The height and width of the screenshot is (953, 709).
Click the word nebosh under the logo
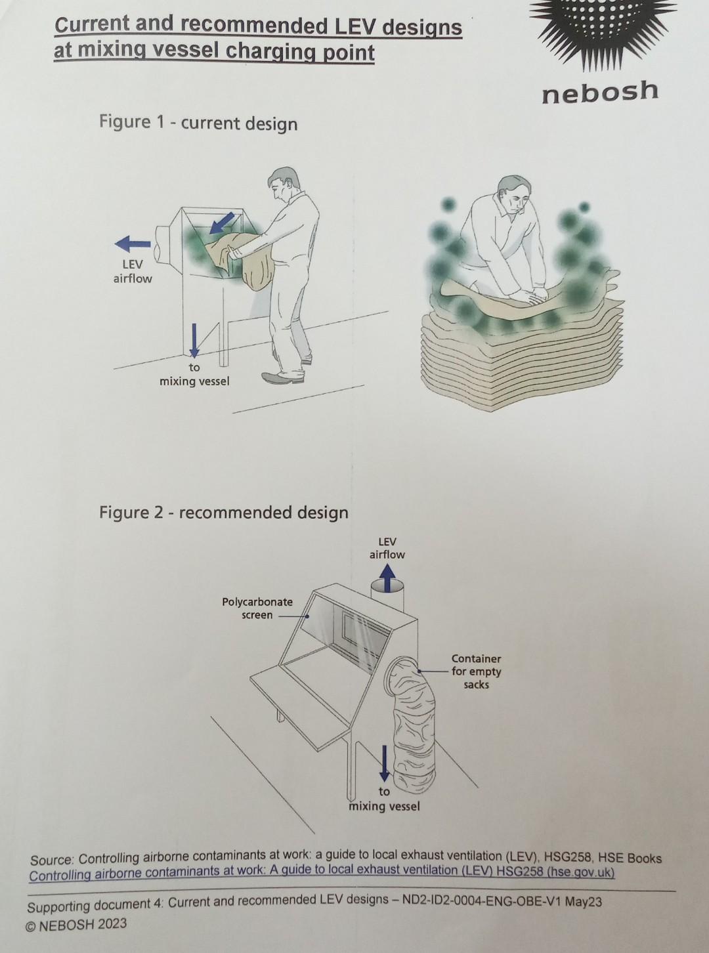coord(599,92)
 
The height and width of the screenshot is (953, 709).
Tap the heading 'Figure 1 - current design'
coord(198,123)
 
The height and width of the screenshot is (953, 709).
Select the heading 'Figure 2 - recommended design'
coord(223,512)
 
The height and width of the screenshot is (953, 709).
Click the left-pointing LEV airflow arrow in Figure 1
coord(133,244)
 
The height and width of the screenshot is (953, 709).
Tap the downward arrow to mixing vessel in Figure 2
coord(385,763)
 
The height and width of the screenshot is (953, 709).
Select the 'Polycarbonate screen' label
coord(257,608)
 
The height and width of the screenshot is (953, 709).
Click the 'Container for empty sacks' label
coord(476,671)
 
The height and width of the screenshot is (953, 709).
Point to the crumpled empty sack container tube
coord(414,729)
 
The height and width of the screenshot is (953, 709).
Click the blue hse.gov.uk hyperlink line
coord(322,872)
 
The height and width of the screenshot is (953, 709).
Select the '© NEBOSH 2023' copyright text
coord(76,925)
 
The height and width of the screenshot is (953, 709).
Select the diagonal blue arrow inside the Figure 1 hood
coord(221,222)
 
